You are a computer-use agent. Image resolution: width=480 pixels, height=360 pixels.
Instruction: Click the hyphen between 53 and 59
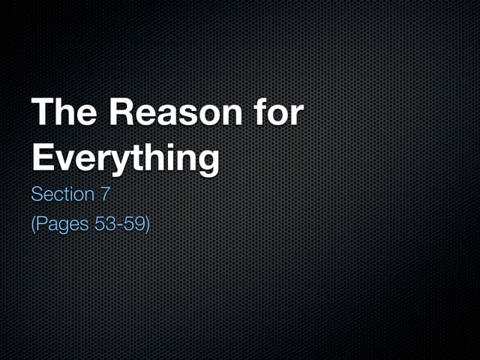121,224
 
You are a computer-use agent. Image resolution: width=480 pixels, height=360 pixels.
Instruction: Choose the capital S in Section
37,195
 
